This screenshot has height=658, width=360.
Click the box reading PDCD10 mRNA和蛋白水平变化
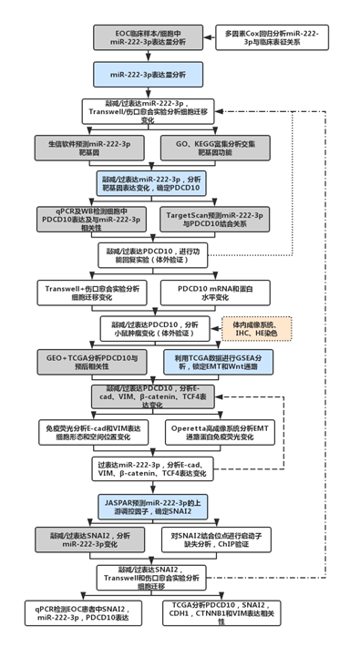pyautogui.click(x=215, y=290)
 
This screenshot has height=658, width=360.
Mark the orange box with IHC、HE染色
pyautogui.click(x=259, y=325)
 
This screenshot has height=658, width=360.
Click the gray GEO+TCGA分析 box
pyautogui.click(x=88, y=361)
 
